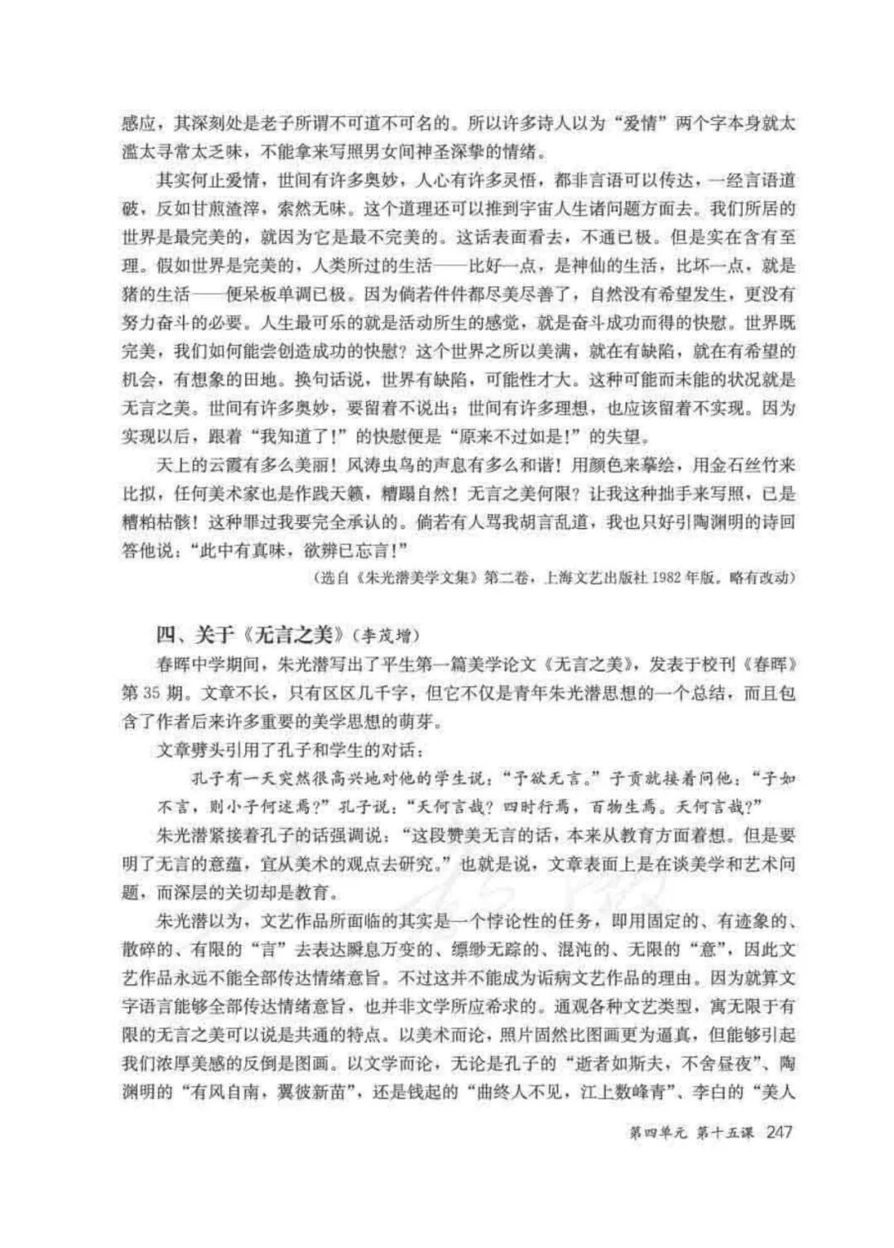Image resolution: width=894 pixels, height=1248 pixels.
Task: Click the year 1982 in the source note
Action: pyautogui.click(x=668, y=578)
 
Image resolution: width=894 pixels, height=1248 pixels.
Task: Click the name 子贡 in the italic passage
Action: pyautogui.click(x=626, y=779)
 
